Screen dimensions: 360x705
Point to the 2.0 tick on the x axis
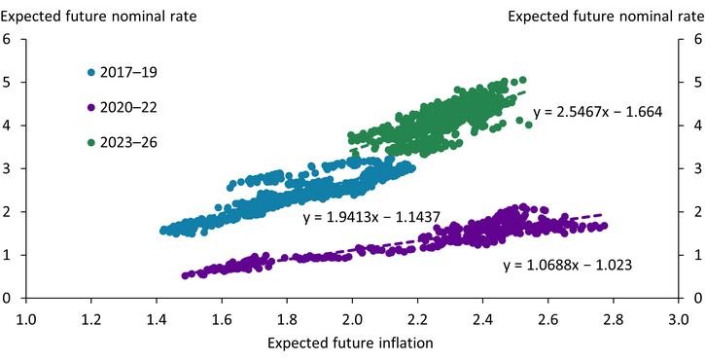[352, 317]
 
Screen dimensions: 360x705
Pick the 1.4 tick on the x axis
[157, 317]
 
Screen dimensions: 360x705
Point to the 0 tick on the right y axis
[694, 298]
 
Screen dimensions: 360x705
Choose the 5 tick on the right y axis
[694, 83]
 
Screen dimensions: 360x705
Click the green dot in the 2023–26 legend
[91, 142]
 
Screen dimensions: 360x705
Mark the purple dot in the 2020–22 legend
[91, 107]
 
